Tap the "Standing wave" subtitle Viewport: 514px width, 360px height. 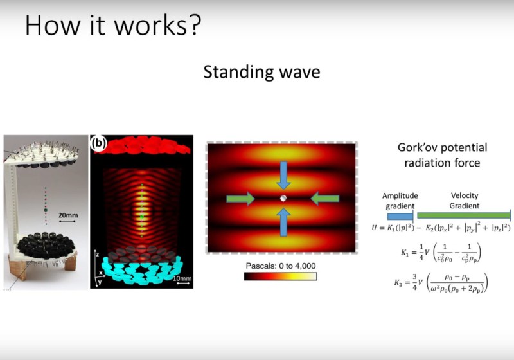pyautogui.click(x=261, y=72)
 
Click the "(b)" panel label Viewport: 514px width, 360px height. pyautogui.click(x=100, y=143)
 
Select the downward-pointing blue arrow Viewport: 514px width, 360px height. pyautogui.click(x=283, y=172)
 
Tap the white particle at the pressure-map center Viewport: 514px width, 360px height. pyautogui.click(x=283, y=199)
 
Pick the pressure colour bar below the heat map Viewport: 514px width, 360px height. pyautogui.click(x=281, y=277)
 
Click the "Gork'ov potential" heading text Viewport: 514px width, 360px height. pyautogui.click(x=442, y=147)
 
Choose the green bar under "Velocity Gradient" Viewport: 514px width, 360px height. pyautogui.click(x=463, y=216)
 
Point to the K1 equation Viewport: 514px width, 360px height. pyautogui.click(x=434, y=251)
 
